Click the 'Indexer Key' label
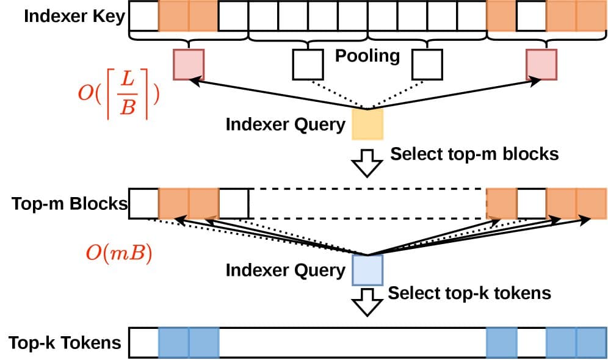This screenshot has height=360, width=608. (74, 16)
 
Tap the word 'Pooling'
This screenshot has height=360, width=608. (367, 56)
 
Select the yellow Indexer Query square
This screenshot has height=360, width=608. (367, 124)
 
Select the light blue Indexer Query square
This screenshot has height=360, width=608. (367, 270)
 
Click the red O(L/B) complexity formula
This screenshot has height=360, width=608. (118, 96)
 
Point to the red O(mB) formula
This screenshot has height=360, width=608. (118, 253)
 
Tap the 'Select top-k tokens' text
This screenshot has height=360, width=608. (469, 293)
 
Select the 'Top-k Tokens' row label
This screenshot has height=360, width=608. (65, 342)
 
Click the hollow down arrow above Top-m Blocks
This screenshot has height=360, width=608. (367, 162)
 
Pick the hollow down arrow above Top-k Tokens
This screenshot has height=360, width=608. (367, 303)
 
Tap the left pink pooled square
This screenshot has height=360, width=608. (188, 65)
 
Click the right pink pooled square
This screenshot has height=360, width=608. (541, 65)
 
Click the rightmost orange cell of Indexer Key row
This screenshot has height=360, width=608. (592, 16)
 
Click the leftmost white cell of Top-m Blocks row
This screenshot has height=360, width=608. (144, 203)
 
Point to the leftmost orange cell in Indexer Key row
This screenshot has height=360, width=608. (173, 16)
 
